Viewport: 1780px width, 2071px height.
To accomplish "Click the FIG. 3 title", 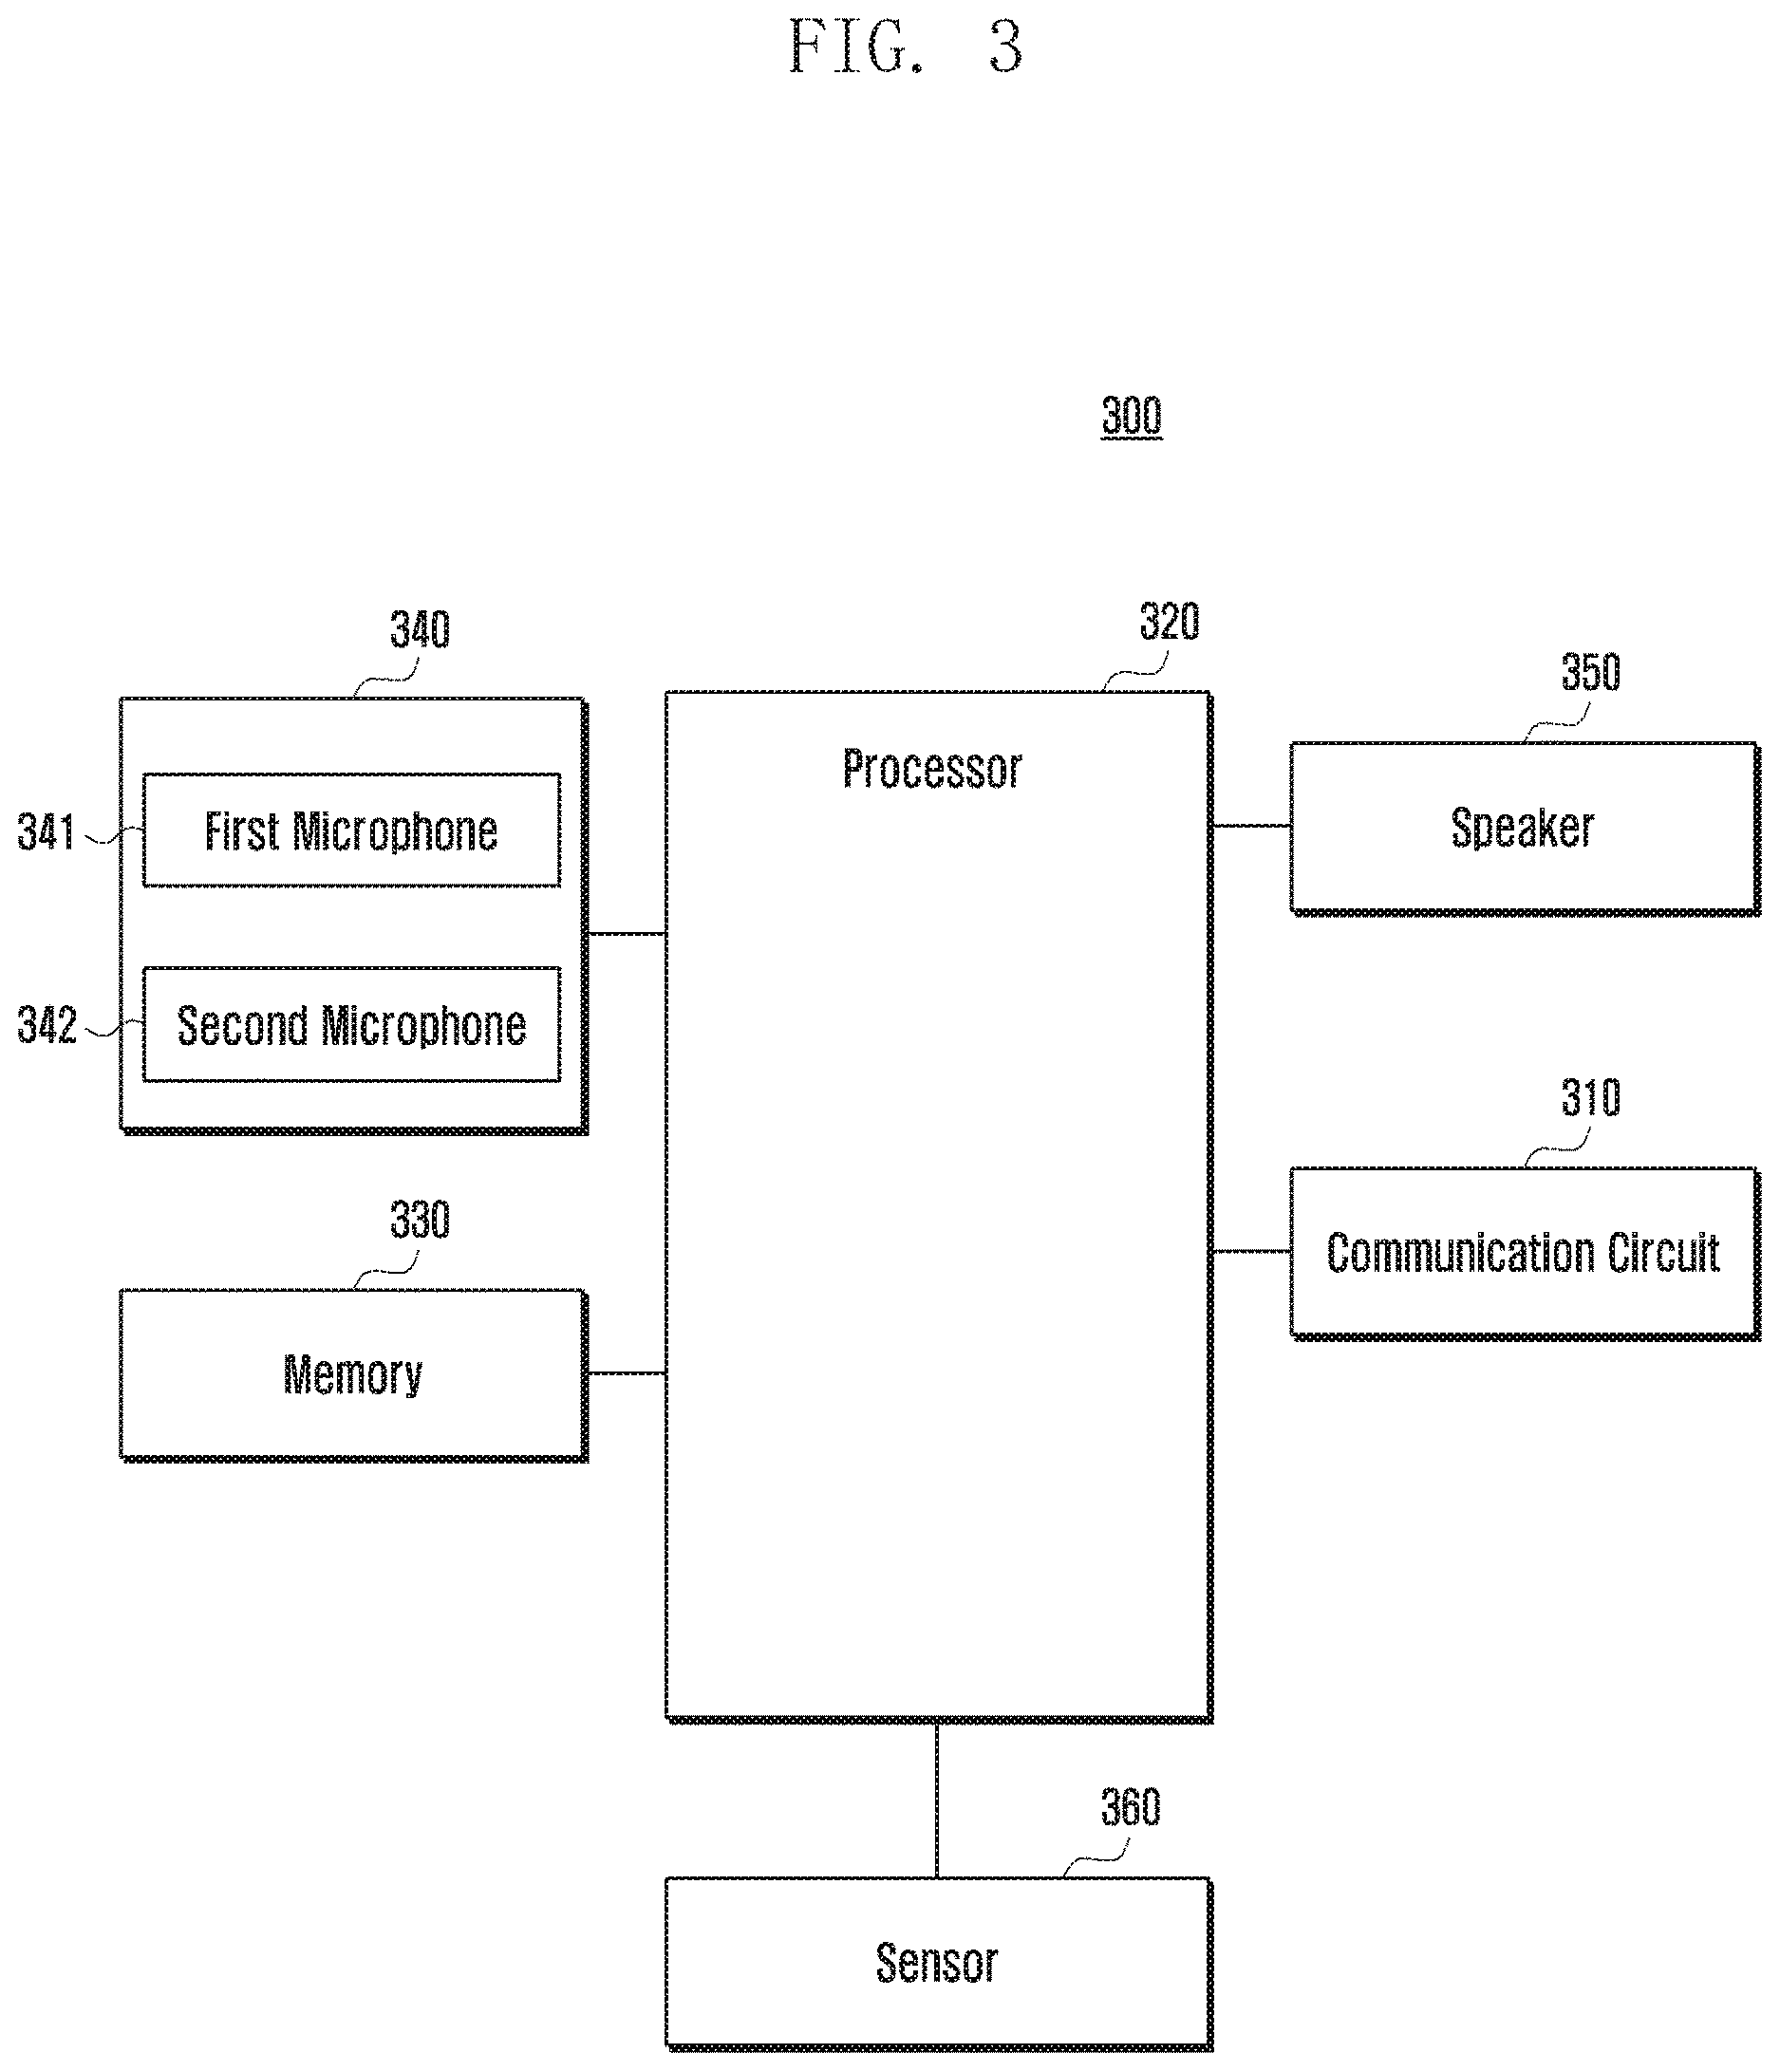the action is point(906,46).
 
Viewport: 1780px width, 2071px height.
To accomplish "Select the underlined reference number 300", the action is point(1131,416).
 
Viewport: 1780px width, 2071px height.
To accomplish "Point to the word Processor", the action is point(932,769).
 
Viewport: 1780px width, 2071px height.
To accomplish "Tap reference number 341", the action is point(46,831).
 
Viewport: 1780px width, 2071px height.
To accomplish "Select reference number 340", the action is point(420,629).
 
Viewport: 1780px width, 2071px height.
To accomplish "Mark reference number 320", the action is point(1169,622).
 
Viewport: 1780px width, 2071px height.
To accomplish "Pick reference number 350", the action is point(1591,672).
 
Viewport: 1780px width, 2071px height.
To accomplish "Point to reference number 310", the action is point(1591,1097).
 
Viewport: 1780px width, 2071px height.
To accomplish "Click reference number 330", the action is point(420,1220).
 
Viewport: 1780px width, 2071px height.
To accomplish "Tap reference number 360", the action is point(1131,1807).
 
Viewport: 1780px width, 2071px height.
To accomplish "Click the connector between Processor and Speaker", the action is point(1251,826).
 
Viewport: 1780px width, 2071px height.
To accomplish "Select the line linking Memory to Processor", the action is point(627,1373).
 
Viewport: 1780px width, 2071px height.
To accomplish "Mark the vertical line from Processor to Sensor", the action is point(937,1800).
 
